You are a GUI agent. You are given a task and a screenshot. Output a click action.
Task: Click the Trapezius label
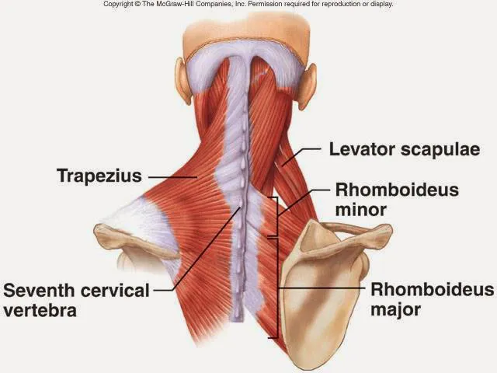pyautogui.click(x=99, y=176)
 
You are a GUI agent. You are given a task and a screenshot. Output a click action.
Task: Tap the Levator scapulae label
pyautogui.click(x=405, y=149)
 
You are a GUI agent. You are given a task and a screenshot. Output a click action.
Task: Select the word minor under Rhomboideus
pyautogui.click(x=360, y=210)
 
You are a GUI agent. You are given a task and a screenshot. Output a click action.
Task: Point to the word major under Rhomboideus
pyautogui.click(x=395, y=309)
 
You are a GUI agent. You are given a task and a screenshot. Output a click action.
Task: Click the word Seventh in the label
pyautogui.click(x=39, y=290)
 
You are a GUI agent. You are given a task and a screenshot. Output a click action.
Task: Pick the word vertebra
pyautogui.click(x=40, y=310)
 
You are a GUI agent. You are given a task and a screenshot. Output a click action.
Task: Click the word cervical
pyautogui.click(x=115, y=290)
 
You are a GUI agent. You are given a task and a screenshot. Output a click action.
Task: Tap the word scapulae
pyautogui.click(x=440, y=150)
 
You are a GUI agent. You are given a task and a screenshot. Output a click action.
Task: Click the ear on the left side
pyautogui.click(x=183, y=81)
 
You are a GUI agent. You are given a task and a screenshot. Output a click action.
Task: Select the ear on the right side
pyautogui.click(x=308, y=86)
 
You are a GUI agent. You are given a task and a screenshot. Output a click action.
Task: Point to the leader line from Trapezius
pyautogui.click(x=172, y=177)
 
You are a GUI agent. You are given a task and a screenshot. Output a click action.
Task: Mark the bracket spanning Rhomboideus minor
pyautogui.click(x=276, y=217)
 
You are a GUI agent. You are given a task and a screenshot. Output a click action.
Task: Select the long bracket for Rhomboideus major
pyautogui.click(x=276, y=288)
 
